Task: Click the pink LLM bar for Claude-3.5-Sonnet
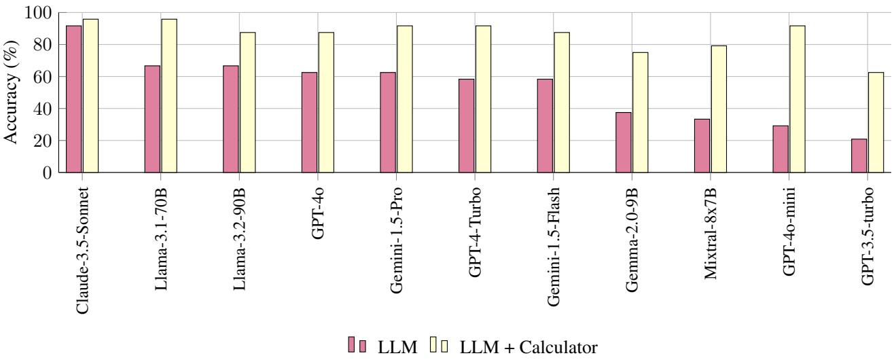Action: coord(73,99)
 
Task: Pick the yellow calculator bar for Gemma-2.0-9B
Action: coord(640,112)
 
